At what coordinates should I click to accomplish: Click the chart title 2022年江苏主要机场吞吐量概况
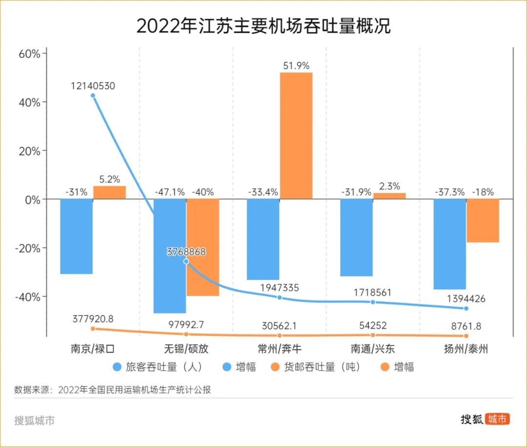click(263, 26)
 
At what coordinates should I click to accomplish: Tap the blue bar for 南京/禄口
click(76, 236)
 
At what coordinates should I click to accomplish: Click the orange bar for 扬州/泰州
click(483, 221)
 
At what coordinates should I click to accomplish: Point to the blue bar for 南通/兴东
click(357, 237)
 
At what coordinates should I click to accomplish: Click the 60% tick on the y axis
click(29, 53)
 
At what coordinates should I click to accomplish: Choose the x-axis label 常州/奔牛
click(280, 349)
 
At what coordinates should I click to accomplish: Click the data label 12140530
click(93, 86)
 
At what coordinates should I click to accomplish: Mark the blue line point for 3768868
click(186, 262)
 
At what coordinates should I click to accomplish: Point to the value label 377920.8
click(93, 319)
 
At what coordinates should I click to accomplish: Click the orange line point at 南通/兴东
click(373, 335)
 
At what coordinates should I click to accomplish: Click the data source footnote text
click(113, 390)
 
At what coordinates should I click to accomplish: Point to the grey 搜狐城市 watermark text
click(34, 421)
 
